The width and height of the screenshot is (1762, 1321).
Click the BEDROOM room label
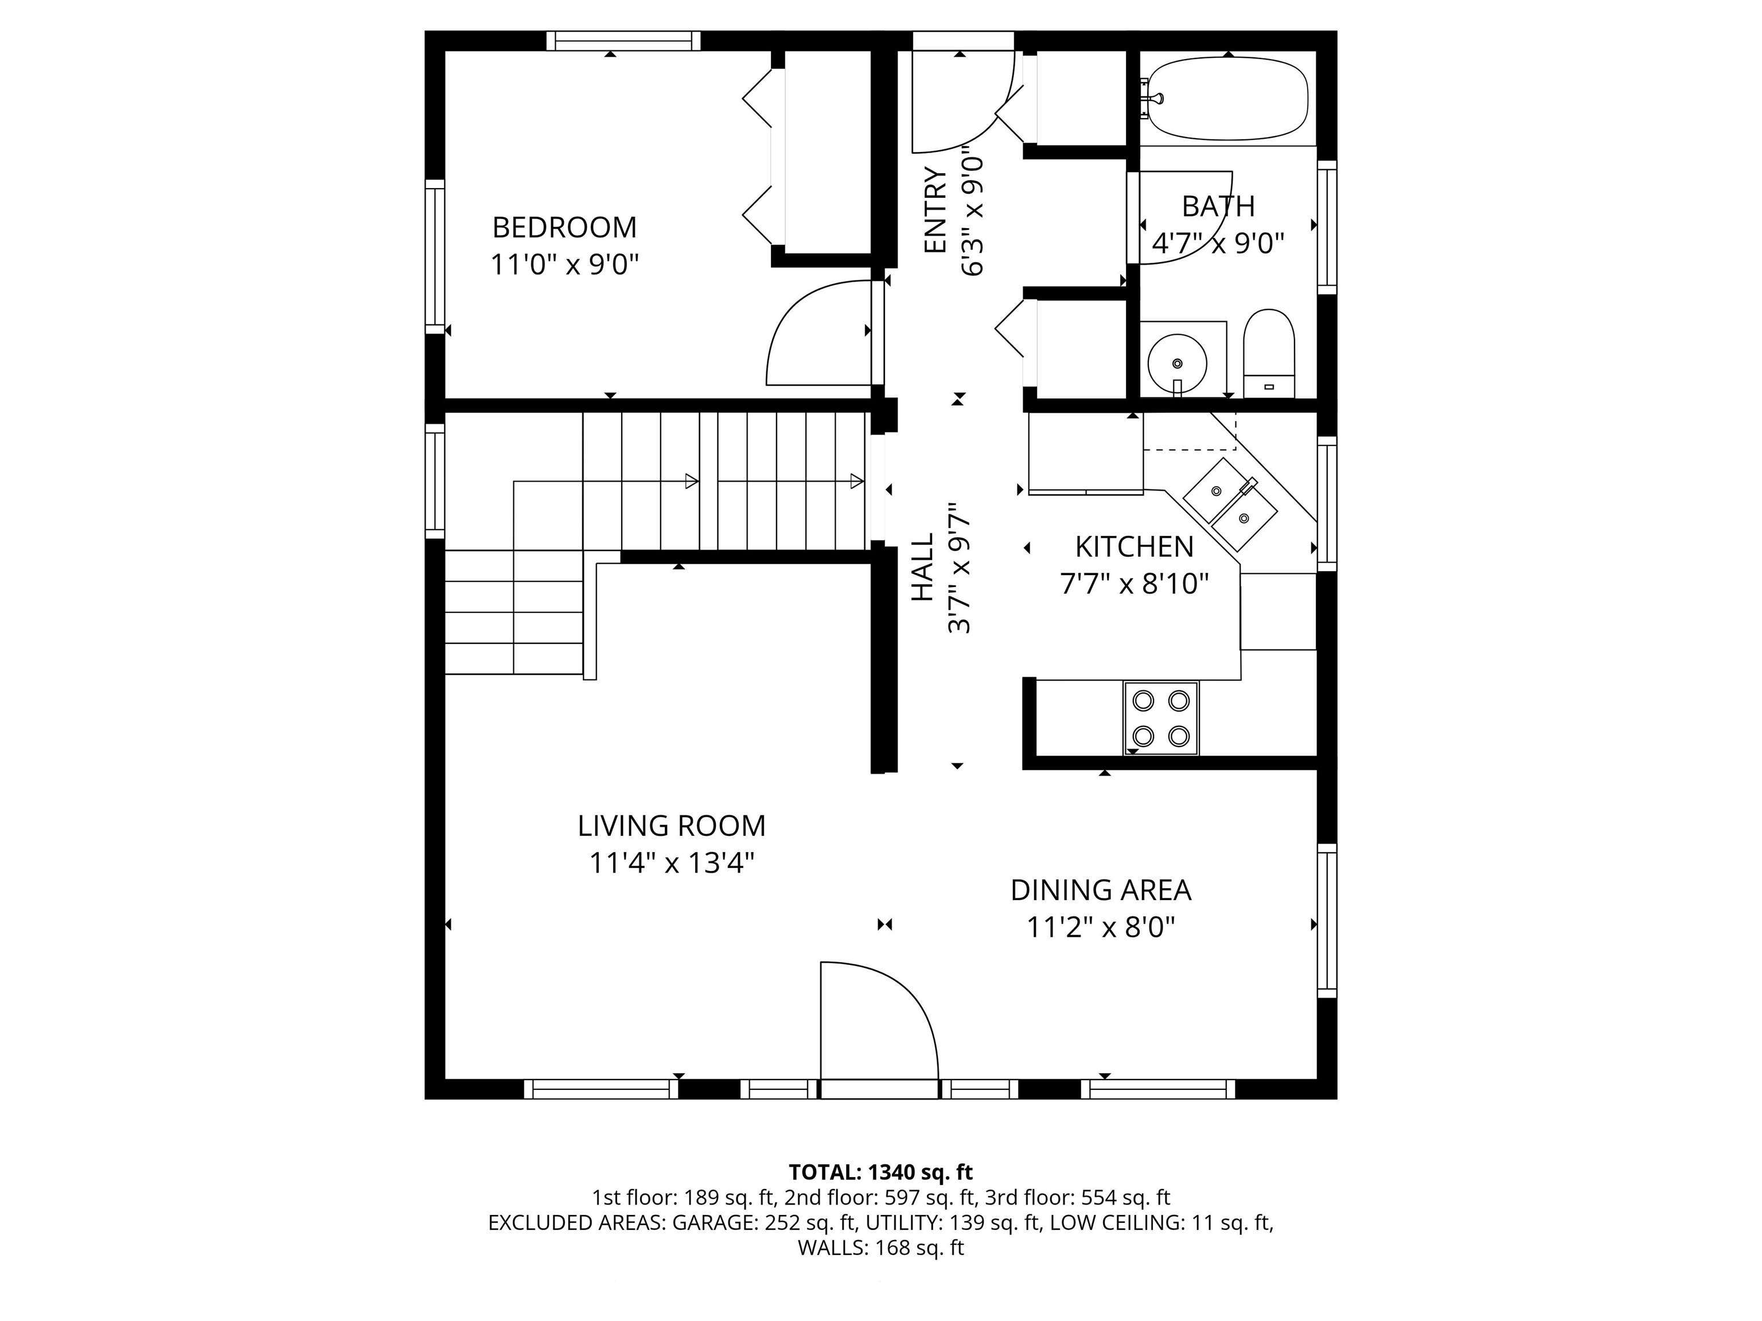click(x=564, y=228)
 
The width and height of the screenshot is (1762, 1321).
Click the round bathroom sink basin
click(x=1176, y=363)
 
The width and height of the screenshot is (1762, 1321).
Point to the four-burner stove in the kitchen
click(x=1160, y=717)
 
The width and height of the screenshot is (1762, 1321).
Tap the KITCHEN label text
click(x=1135, y=547)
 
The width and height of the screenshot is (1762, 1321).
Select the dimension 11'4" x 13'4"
click(x=672, y=862)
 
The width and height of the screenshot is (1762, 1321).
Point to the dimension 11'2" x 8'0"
click(x=1100, y=928)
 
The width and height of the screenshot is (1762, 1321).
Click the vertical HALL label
click(x=922, y=567)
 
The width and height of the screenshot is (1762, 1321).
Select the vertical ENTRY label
click(x=934, y=210)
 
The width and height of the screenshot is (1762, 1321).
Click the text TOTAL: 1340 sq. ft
click(x=880, y=1172)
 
